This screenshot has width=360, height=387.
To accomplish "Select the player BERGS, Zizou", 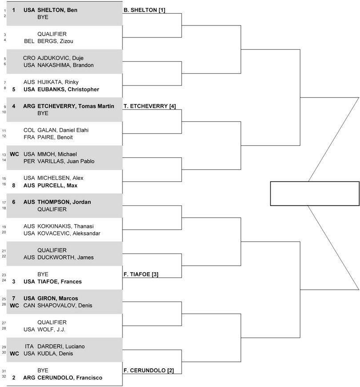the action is coord(56,41).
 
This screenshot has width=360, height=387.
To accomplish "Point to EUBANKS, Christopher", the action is coord(68,89).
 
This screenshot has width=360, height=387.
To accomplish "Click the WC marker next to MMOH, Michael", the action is coord(14,154).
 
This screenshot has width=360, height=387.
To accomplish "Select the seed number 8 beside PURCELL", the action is coord(14,185).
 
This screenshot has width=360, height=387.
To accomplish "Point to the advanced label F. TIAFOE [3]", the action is coord(140,274).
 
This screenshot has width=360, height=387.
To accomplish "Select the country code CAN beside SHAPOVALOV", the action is coord(29,306).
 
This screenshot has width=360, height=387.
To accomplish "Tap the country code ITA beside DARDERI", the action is coord(29,347).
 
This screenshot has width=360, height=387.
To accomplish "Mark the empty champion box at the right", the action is coord(314,193).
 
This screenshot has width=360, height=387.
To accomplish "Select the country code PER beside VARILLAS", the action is coord(29,161).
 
